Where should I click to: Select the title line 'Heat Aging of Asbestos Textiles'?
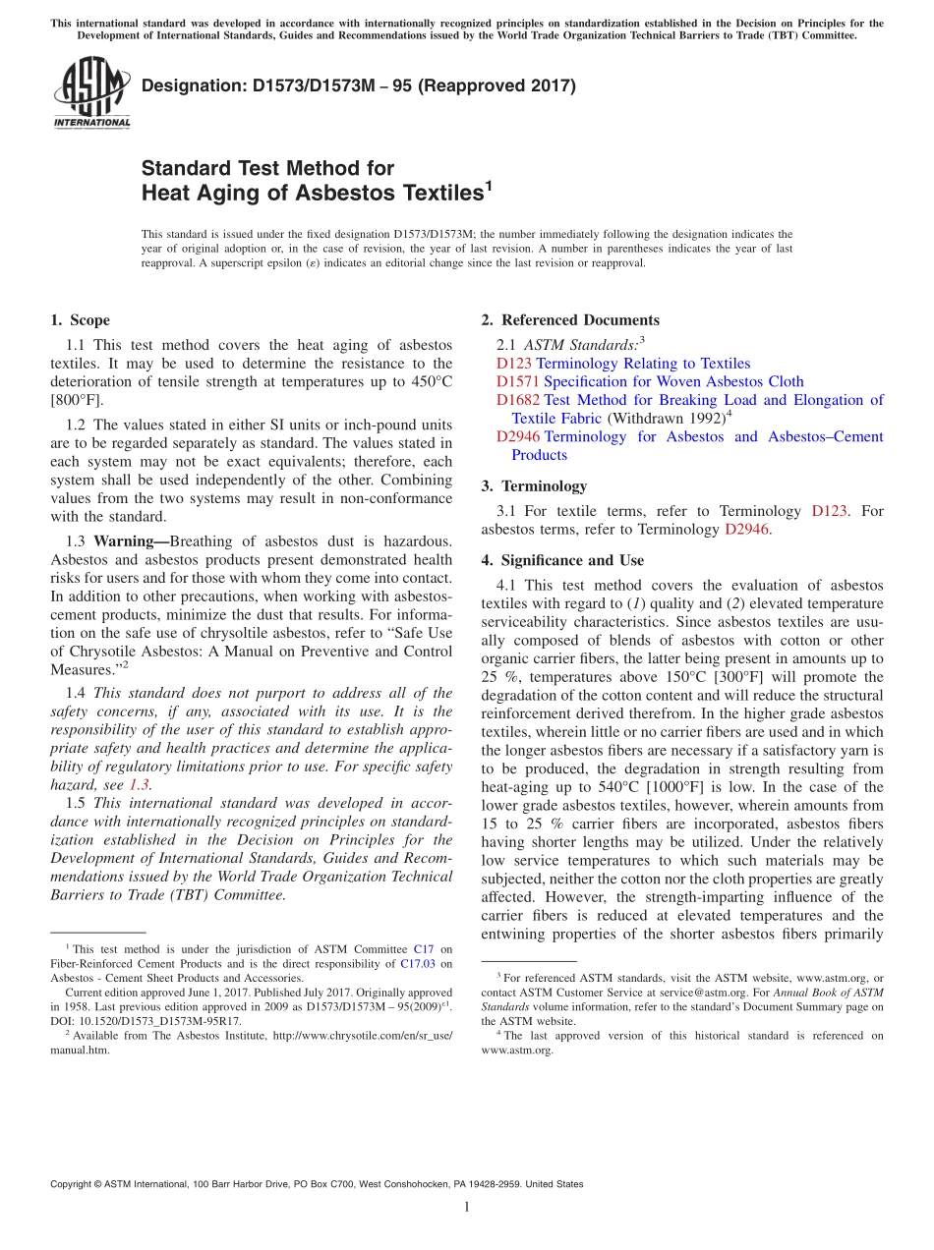313,193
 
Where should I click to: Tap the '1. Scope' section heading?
80,320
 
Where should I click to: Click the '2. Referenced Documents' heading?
570,320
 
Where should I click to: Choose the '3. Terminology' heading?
534,486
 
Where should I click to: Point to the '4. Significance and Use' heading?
562,561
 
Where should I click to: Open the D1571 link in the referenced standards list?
518,381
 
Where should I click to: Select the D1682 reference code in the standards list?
518,400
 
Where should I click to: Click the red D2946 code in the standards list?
518,436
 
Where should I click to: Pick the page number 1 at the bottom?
467,1207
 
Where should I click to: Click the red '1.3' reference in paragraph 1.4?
141,785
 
